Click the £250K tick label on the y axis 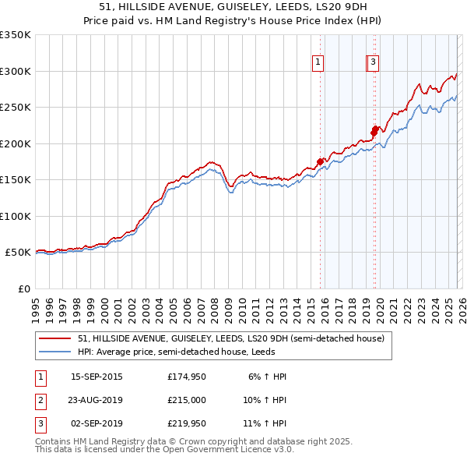pyautogui.click(x=16, y=108)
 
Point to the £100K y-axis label pyautogui.click(x=16, y=216)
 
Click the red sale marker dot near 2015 pyautogui.click(x=320, y=161)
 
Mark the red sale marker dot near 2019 pyautogui.click(x=374, y=130)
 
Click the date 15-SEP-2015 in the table pyautogui.click(x=97, y=377)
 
